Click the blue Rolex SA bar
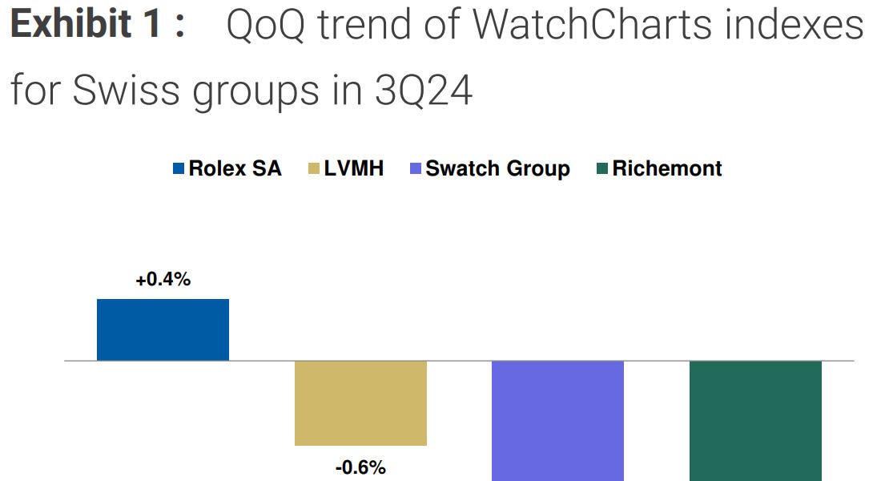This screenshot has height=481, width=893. [163, 329]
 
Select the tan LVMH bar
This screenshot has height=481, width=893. [360, 402]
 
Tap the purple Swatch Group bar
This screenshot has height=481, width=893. [557, 420]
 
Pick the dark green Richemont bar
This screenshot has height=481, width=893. [755, 420]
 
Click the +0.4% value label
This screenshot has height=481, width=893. [163, 281]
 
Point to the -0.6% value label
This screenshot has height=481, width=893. [360, 466]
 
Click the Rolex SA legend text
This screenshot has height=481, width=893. [235, 168]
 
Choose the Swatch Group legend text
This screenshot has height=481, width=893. [497, 168]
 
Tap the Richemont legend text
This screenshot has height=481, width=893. [666, 168]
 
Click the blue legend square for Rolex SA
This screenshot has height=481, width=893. [179, 168]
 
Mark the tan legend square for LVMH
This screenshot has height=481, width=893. [313, 168]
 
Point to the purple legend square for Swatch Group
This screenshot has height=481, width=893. [415, 168]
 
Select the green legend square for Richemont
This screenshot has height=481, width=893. [602, 168]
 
